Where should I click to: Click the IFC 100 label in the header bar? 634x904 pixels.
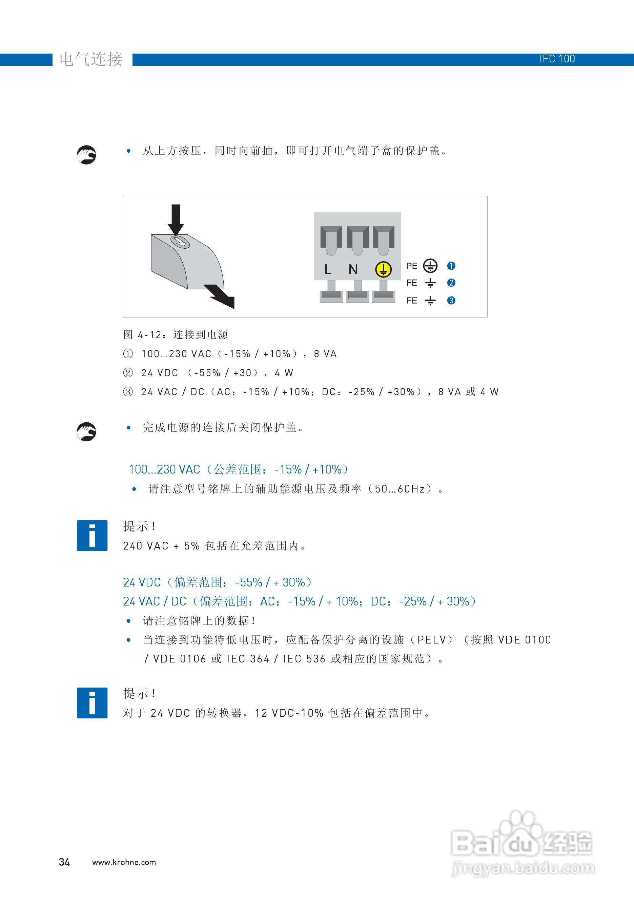tap(557, 59)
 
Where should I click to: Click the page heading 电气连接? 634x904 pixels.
tap(91, 59)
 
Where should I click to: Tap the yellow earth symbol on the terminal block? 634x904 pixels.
tap(383, 269)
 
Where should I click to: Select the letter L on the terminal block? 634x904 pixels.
tap(328, 270)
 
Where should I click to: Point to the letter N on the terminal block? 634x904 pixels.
tap(353, 270)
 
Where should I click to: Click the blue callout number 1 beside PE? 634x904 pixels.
tap(451, 266)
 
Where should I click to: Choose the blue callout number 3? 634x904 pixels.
tap(451, 301)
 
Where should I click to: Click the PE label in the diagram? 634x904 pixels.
tap(412, 266)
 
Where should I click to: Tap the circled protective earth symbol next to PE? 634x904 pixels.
tap(430, 266)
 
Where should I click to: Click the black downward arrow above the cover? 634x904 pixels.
tap(176, 219)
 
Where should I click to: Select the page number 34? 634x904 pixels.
tap(64, 862)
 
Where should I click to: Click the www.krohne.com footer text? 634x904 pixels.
tap(124, 862)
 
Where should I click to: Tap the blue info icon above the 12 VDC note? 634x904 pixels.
tap(92, 703)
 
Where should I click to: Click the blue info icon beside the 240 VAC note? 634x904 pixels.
tap(92, 536)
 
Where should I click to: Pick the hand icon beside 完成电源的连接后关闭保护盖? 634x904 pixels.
tap(86, 431)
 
